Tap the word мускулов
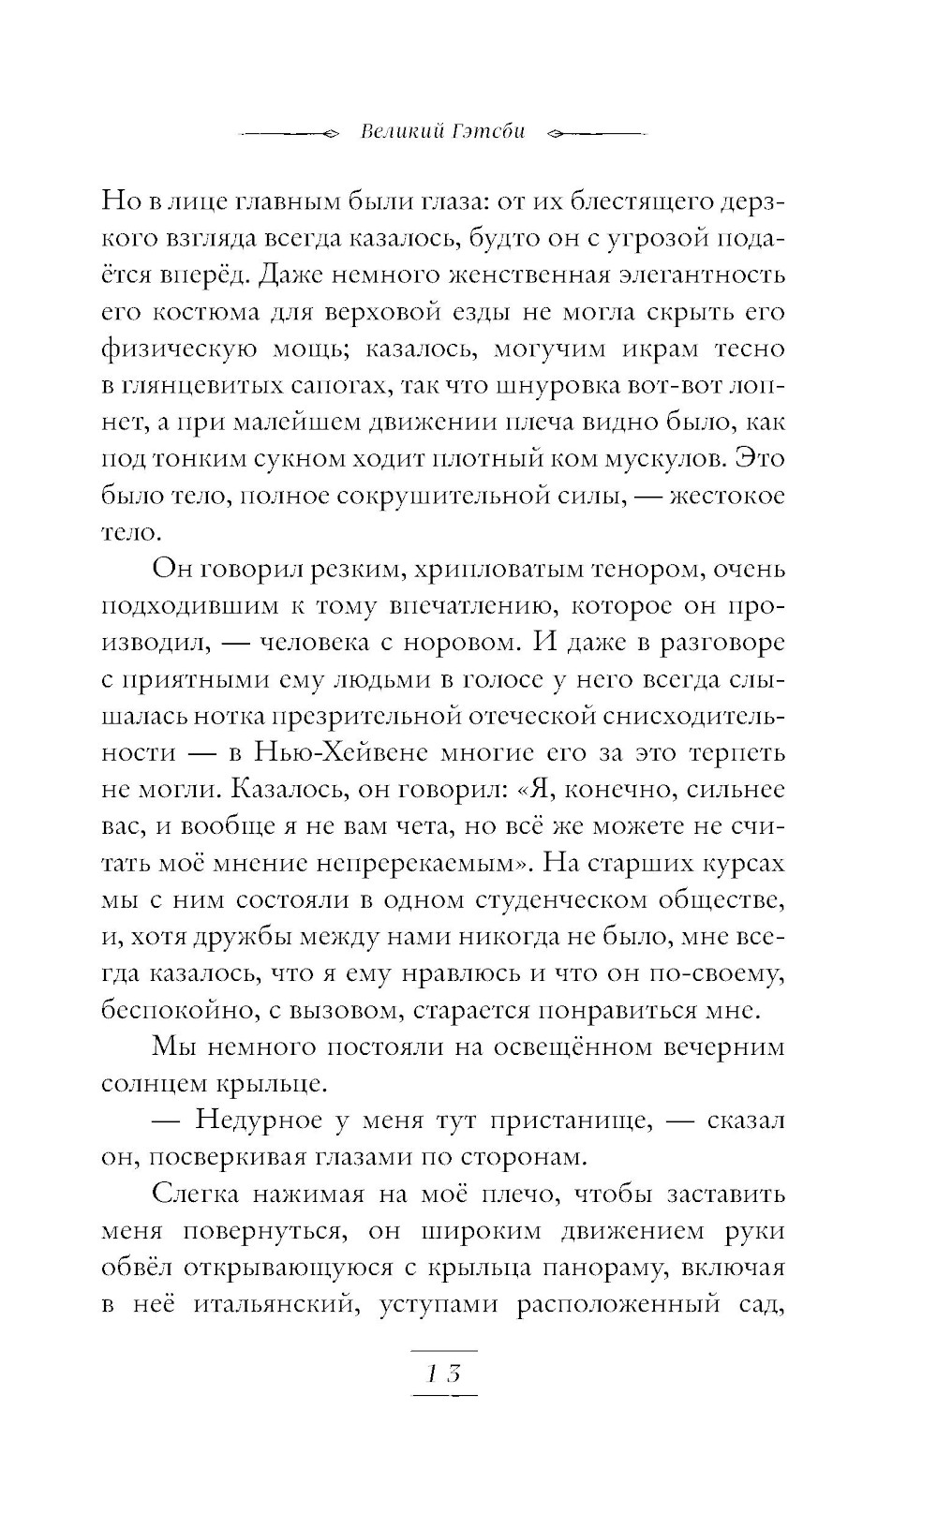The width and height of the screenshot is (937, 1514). point(663,459)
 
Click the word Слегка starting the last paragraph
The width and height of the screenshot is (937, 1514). point(195,1195)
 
